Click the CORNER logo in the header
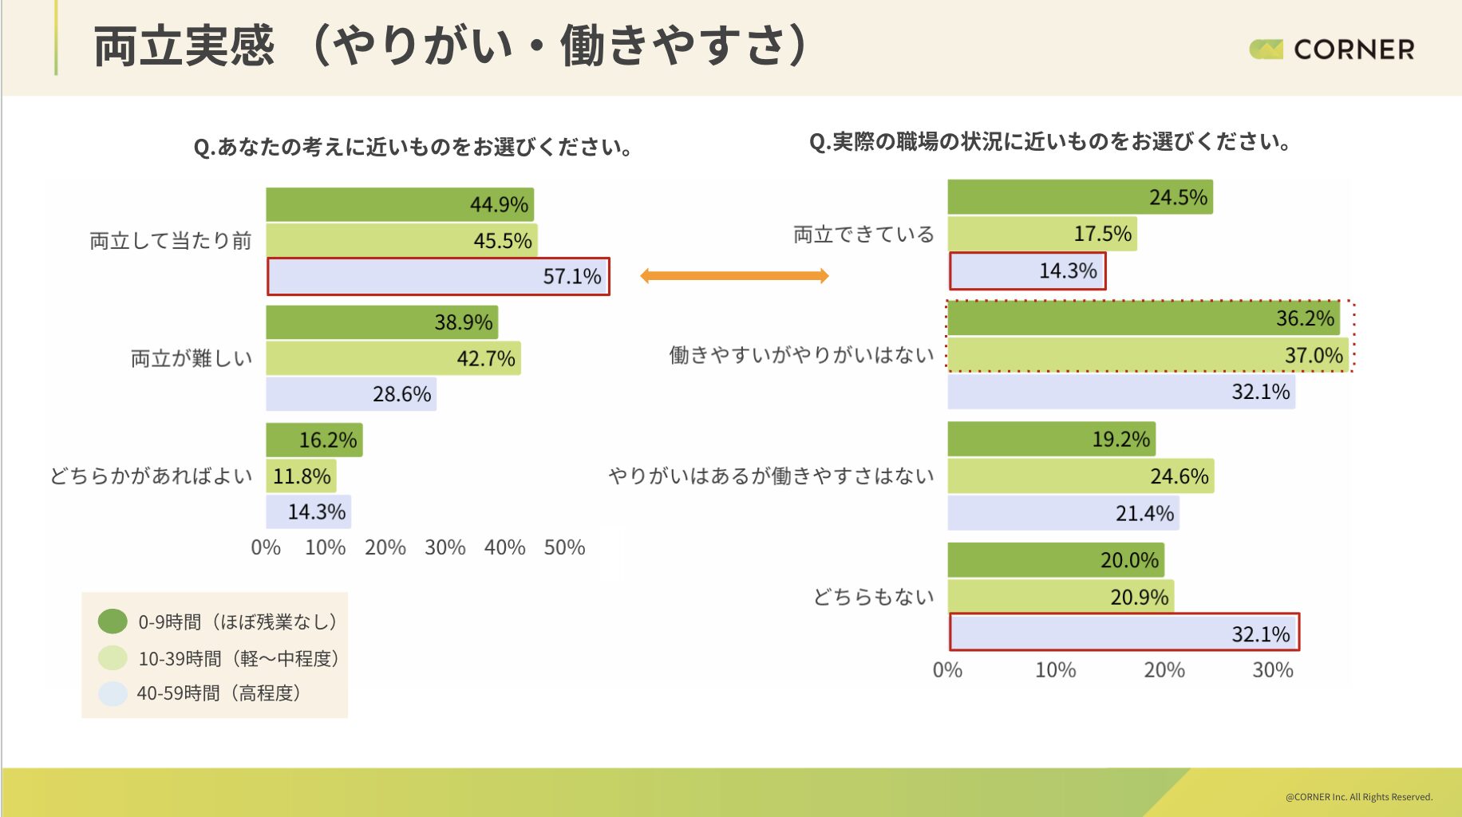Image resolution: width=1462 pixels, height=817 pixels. click(1332, 49)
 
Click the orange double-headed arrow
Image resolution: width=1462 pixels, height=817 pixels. click(734, 276)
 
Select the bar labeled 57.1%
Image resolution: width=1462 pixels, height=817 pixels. click(438, 277)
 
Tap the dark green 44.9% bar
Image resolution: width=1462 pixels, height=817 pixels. click(399, 205)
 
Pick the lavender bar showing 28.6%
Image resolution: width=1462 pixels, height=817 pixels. click(351, 394)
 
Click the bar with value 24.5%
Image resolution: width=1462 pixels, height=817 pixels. click(1080, 197)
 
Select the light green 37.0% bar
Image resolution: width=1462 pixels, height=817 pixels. click(1148, 355)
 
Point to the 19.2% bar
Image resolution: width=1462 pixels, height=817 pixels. click(1051, 440)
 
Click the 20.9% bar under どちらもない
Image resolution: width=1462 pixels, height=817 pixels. click(1061, 597)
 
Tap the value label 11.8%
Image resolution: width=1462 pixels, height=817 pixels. click(302, 476)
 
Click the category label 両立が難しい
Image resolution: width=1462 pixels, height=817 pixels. click(192, 359)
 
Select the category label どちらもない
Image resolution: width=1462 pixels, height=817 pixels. click(873, 597)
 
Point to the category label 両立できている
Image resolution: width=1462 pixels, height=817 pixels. click(863, 235)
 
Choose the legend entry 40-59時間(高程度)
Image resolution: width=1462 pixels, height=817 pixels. click(218, 693)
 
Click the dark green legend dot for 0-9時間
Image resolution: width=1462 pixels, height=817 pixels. click(113, 622)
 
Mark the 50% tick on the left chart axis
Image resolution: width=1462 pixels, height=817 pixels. click(564, 547)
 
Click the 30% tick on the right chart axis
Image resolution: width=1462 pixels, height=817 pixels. click(1272, 670)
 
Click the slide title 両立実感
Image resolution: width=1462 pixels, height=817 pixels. click(184, 46)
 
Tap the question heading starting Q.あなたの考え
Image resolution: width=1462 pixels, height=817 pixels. click(413, 148)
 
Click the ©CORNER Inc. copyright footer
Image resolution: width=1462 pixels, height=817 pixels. click(1358, 797)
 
